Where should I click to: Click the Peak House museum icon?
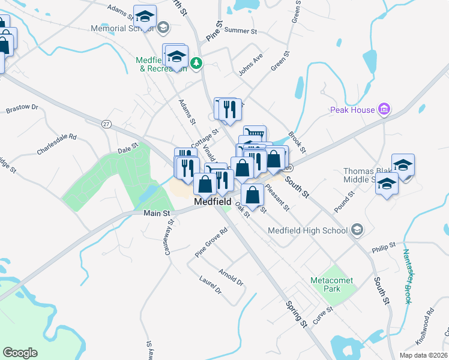click(x=384, y=109)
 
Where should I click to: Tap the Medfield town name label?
click(x=213, y=203)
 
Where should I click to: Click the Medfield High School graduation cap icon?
click(x=357, y=230)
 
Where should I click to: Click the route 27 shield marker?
click(x=106, y=124)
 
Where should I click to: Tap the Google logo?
click(x=20, y=353)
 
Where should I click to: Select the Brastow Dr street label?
click(x=22, y=109)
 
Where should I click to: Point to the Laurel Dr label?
click(x=211, y=285)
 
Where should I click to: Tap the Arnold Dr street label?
click(x=231, y=277)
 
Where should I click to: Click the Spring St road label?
click(x=297, y=314)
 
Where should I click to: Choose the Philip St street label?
click(x=384, y=246)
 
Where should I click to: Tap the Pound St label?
click(x=345, y=202)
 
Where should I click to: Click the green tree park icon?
click(x=196, y=62)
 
